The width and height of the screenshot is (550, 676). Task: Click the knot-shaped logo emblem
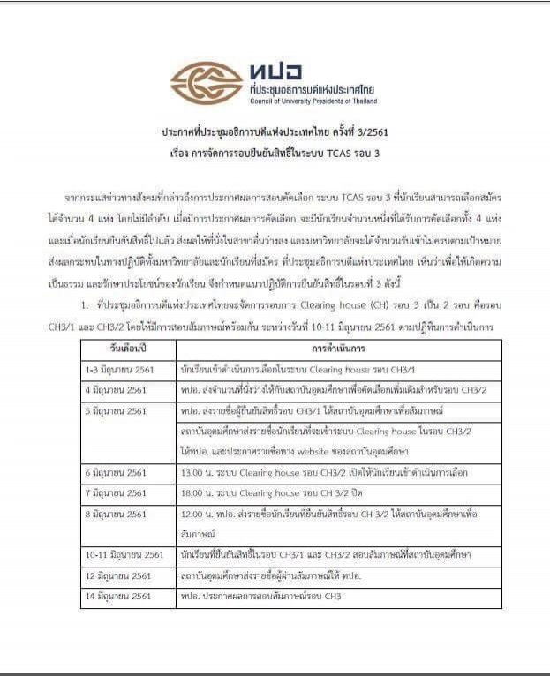207,82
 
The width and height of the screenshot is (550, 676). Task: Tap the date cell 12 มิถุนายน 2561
118,575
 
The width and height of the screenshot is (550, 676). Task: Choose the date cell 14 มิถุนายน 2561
118,597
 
